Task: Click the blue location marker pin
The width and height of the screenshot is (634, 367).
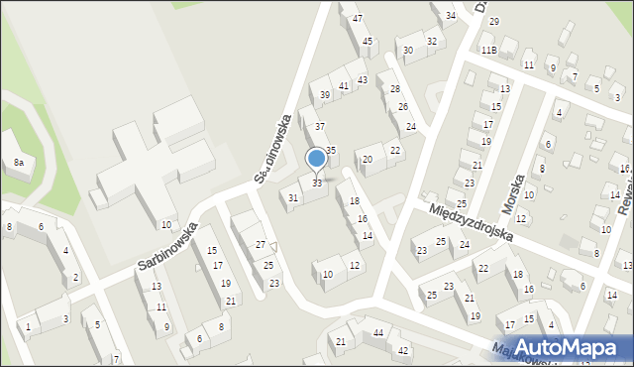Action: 317,159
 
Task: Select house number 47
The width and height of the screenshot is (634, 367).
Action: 357,19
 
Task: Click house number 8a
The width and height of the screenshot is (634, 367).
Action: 18,162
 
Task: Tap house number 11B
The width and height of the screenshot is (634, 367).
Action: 488,50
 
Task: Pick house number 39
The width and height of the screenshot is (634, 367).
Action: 324,95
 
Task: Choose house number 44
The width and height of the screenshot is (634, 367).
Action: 378,333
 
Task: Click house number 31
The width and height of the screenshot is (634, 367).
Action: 293,198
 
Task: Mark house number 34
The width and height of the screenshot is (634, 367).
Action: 450,15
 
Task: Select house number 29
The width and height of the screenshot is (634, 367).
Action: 493,22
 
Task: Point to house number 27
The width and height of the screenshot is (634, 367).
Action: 261,244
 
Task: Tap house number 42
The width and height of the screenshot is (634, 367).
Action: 403,350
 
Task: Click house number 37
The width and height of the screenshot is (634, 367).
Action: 319,127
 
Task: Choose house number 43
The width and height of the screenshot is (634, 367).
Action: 363,79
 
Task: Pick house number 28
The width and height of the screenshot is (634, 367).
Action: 395,89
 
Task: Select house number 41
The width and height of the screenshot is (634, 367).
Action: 344,86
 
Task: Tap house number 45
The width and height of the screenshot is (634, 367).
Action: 368,42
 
